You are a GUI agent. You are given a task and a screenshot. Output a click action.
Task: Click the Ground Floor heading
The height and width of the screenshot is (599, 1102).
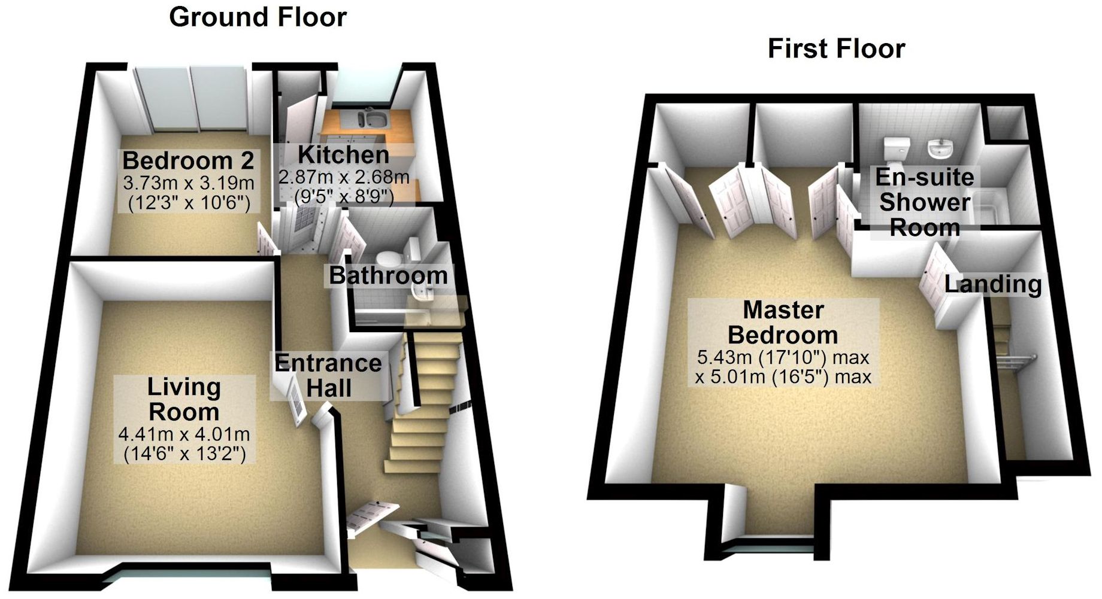(x=258, y=17)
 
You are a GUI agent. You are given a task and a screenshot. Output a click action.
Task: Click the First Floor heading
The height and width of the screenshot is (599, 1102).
(x=836, y=48)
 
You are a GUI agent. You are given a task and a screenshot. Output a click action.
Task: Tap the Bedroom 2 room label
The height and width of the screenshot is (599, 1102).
(x=188, y=161)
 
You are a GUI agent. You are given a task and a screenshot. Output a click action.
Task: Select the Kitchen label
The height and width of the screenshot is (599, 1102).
(x=343, y=155)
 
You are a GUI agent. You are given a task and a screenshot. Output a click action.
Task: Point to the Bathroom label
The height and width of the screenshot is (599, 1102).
(x=388, y=276)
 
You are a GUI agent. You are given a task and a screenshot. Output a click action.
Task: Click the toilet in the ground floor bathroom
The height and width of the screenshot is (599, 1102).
(x=390, y=259)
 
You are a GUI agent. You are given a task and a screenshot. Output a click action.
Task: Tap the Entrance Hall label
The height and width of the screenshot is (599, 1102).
(x=328, y=376)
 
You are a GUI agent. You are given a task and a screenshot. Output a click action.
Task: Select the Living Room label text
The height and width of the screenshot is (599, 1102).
(x=184, y=399)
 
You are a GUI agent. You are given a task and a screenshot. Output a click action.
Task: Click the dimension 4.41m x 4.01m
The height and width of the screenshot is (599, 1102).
(x=184, y=434)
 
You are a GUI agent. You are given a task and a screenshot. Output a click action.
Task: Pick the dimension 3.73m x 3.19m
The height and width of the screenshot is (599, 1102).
(x=188, y=183)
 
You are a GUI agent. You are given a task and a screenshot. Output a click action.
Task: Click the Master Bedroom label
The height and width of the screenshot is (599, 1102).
(x=783, y=323)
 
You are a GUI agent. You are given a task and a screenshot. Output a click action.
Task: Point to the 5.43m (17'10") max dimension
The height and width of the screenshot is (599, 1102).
(x=783, y=358)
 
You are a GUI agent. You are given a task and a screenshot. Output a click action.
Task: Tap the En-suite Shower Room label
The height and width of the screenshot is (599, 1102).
(x=925, y=202)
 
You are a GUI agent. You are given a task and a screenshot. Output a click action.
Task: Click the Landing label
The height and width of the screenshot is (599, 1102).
(x=993, y=284)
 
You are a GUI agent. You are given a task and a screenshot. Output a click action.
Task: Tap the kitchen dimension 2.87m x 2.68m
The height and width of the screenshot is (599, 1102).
(x=343, y=177)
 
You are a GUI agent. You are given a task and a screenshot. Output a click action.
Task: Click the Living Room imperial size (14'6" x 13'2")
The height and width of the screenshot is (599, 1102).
(x=184, y=454)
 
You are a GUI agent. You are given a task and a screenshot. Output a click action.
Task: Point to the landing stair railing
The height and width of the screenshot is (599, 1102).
(x=1018, y=361)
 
